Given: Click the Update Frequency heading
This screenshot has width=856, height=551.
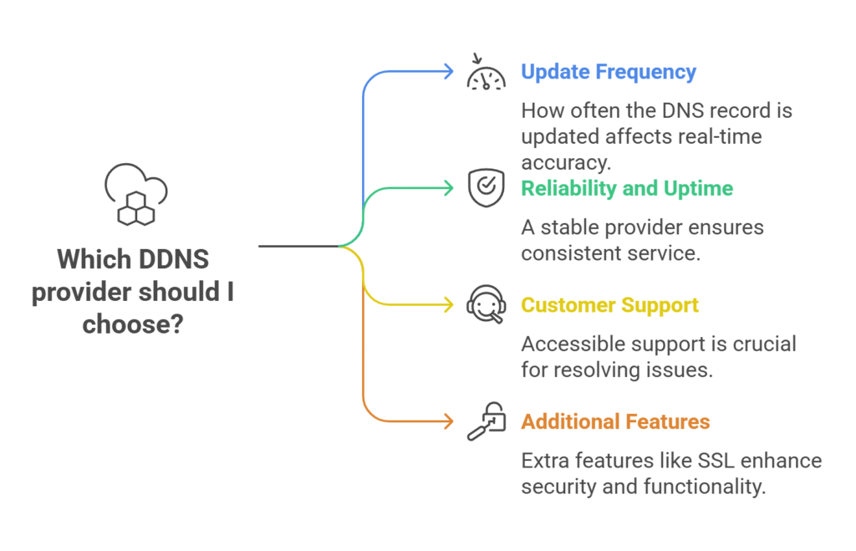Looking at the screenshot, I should point(608,72).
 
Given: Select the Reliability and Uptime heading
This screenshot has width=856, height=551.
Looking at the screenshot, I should point(626,188).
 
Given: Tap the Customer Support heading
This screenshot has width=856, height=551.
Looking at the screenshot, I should point(609,305).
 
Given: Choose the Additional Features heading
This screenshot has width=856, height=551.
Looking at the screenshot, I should point(615,421).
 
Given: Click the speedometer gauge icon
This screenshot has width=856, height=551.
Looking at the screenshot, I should point(486,74).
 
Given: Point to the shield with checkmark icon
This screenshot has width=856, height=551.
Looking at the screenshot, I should point(486,188).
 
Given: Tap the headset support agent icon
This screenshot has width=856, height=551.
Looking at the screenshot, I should point(486,305).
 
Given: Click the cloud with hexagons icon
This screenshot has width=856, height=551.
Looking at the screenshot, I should point(136,194).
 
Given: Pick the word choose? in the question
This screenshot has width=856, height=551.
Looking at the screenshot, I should point(134,324).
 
